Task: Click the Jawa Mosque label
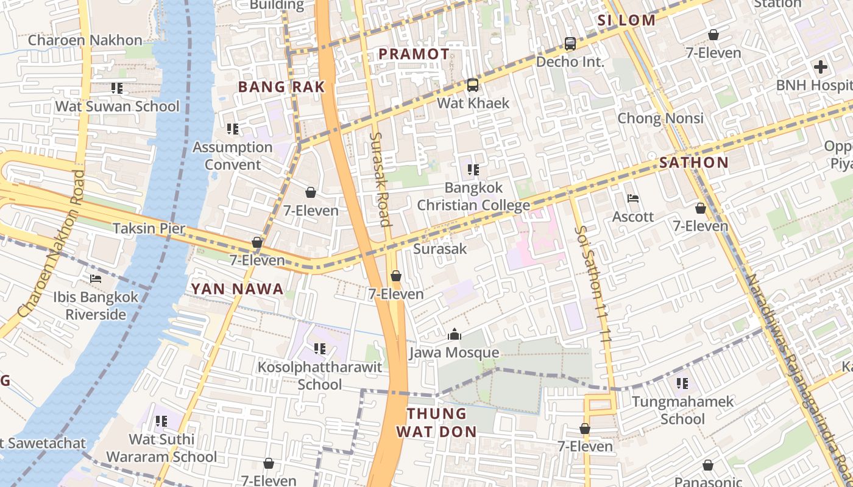point(454,352)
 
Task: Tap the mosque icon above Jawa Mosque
point(454,334)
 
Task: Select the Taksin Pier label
point(149,229)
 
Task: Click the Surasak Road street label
point(380,179)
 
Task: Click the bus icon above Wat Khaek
point(473,85)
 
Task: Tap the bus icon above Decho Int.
point(570,44)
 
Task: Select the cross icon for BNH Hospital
point(820,67)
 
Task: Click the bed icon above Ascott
point(633,198)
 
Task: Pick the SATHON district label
point(694,163)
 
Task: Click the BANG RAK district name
point(281,87)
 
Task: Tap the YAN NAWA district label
point(238,289)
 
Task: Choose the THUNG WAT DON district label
point(436,422)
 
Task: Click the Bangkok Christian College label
point(473,197)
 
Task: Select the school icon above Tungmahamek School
point(682,384)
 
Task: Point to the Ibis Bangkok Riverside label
point(96,306)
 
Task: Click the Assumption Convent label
point(233,156)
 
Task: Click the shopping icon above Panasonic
point(708,466)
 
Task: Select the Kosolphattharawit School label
point(320,376)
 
